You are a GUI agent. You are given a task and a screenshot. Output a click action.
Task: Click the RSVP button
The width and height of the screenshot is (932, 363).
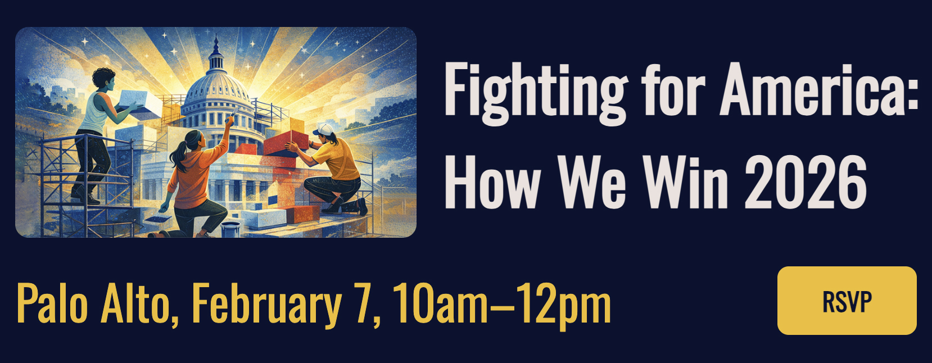click(847, 301)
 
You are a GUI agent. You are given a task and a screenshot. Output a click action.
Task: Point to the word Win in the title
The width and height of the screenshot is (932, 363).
click(686, 183)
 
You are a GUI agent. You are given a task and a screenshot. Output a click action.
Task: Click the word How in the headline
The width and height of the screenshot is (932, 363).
click(492, 183)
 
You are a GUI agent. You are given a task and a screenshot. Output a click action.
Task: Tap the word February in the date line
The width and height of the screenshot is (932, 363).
click(266, 303)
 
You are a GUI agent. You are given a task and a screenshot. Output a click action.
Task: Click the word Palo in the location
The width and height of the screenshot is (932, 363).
click(52, 302)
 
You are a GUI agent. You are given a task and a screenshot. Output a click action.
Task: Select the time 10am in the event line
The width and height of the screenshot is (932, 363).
click(440, 303)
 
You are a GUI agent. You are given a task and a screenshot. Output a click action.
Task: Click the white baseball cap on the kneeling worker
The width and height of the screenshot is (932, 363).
click(323, 129)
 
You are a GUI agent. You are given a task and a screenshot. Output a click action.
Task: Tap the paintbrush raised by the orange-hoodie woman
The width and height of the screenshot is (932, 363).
click(232, 115)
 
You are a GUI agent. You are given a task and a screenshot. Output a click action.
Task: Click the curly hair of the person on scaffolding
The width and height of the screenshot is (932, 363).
click(103, 77)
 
